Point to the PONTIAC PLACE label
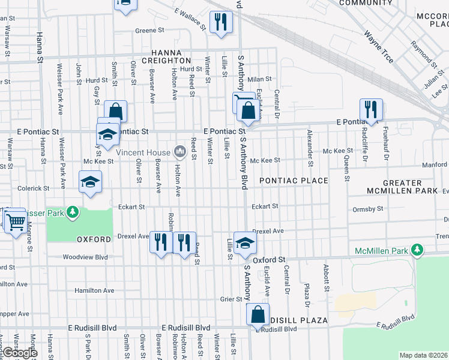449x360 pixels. coord(294,181)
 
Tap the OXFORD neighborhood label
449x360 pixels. coord(94,239)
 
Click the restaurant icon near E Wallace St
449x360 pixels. coord(221,22)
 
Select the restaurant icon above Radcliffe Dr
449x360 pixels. coord(370,109)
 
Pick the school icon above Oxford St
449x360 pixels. coord(244,242)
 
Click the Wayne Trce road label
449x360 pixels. coord(379,46)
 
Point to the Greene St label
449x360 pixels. coord(149,30)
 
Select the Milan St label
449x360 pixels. coord(260,79)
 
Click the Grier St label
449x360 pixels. coord(230,299)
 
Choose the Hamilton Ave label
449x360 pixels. coord(94,290)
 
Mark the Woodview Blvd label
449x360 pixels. coord(85,257)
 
